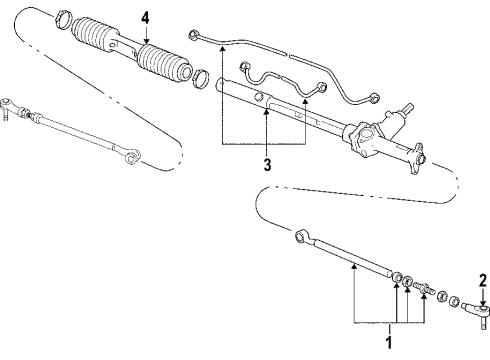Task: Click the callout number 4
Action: pos(145,18)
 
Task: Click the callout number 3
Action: pos(267,165)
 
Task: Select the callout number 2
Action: pos(483,281)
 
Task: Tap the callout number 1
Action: pos(389,343)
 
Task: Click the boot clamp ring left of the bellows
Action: pos(62,20)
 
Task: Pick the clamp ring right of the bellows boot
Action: pos(201,79)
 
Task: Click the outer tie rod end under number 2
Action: pos(477,313)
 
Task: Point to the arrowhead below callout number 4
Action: pos(147,41)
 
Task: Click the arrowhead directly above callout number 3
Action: pos(266,112)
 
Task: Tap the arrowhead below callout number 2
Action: pos(483,302)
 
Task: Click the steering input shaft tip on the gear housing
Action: pos(409,107)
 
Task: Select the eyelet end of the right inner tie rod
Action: pos(301,236)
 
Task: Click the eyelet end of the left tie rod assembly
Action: pos(132,156)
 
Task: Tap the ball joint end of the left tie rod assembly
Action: pos(6,106)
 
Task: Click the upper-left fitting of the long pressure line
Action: pos(194,35)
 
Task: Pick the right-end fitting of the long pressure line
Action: pos(374,98)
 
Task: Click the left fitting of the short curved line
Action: pos(244,66)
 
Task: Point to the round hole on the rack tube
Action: pos(259,96)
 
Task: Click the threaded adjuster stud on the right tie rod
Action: pos(423,287)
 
